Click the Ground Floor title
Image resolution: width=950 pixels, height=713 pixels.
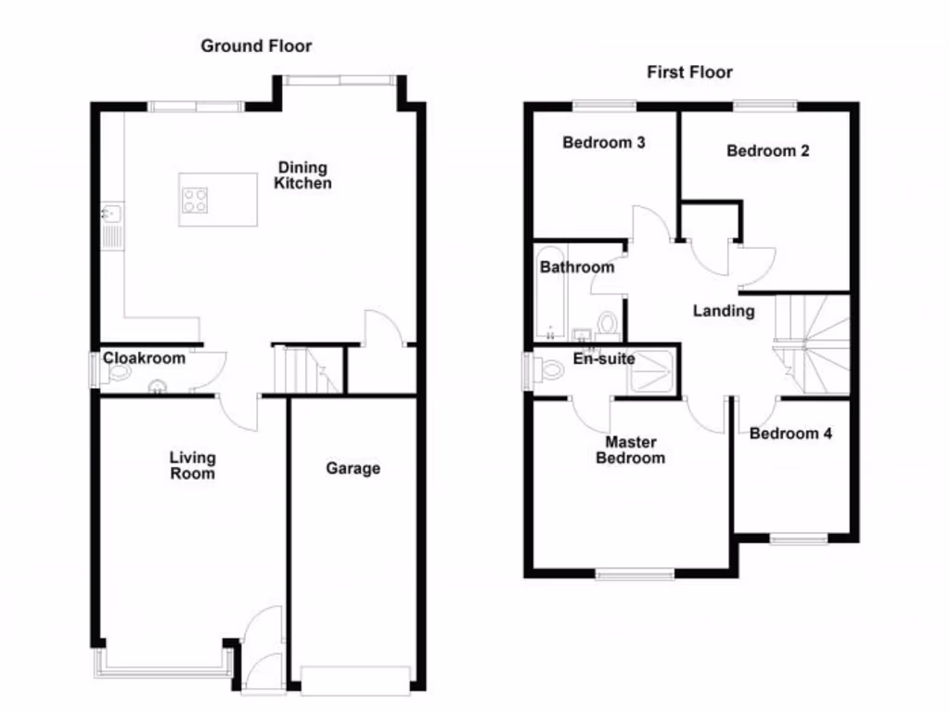(256, 45)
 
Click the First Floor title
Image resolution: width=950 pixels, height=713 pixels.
(690, 71)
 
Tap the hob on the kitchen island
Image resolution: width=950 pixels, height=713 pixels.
(195, 201)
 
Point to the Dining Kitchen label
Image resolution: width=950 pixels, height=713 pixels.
(303, 175)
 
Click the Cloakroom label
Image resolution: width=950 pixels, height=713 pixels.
(144, 357)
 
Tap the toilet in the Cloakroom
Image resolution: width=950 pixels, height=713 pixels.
(118, 373)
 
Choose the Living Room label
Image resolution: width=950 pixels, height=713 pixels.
(192, 465)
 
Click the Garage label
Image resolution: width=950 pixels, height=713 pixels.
(353, 469)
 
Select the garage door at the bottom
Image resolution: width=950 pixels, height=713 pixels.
(355, 680)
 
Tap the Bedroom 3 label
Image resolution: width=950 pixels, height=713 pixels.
(604, 143)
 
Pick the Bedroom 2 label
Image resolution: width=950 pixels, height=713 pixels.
(767, 150)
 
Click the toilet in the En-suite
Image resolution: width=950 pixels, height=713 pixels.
(549, 370)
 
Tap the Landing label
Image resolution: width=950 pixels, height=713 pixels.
(724, 311)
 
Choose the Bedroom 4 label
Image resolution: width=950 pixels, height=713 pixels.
(790, 434)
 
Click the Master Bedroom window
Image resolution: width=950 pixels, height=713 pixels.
(635, 575)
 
